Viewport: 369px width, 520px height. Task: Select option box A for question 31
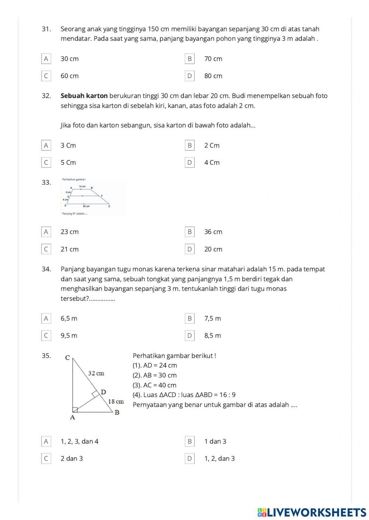pos(46,59)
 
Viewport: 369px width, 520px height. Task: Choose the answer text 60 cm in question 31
pos(69,76)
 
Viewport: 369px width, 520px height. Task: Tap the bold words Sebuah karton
pos(84,96)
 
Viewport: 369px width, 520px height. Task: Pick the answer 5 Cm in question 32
pos(68,163)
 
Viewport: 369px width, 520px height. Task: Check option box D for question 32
pos(189,163)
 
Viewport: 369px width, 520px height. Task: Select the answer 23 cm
pos(69,232)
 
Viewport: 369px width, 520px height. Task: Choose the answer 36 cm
pos(213,232)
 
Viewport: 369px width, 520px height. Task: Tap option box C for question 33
pos(46,249)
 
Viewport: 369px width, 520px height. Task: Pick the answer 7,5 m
pos(213,318)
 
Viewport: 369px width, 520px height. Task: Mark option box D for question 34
pos(189,336)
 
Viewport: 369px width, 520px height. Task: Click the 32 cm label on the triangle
pos(96,373)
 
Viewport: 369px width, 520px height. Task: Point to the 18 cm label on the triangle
pos(115,401)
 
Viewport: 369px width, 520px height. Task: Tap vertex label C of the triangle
pos(67,357)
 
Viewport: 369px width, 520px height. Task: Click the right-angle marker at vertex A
pos(75,409)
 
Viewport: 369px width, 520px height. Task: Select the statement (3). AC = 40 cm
pos(154,385)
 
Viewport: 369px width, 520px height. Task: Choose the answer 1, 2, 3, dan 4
pos(79,442)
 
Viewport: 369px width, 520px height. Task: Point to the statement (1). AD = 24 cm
pos(155,366)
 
